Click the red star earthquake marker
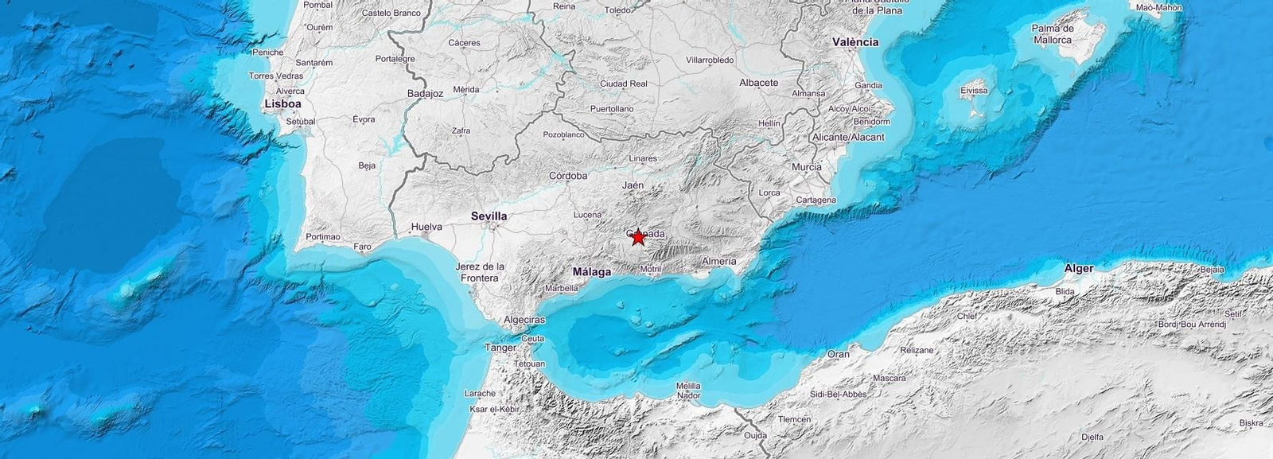pyautogui.click(x=637, y=237)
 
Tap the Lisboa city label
pyautogui.click(x=282, y=103)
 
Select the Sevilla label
pyautogui.click(x=489, y=216)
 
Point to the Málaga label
pyautogui.click(x=592, y=272)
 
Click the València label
pyautogui.click(x=855, y=41)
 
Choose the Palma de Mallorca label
pyautogui.click(x=1053, y=34)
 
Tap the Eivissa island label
pyautogui.click(x=974, y=91)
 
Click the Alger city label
pyautogui.click(x=1079, y=268)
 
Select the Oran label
pyautogui.click(x=838, y=354)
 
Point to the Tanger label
pyautogui.click(x=500, y=348)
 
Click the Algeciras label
pyautogui.click(x=524, y=320)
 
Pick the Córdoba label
pyautogui.click(x=568, y=176)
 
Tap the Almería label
pyautogui.click(x=718, y=261)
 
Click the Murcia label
pyautogui.click(x=806, y=167)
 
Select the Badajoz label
pyautogui.click(x=425, y=93)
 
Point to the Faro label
pyautogui.click(x=362, y=247)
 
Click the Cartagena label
pyautogui.click(x=816, y=200)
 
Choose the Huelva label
pyautogui.click(x=426, y=227)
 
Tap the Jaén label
pyautogui.click(x=633, y=185)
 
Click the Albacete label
pyautogui.click(x=758, y=83)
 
